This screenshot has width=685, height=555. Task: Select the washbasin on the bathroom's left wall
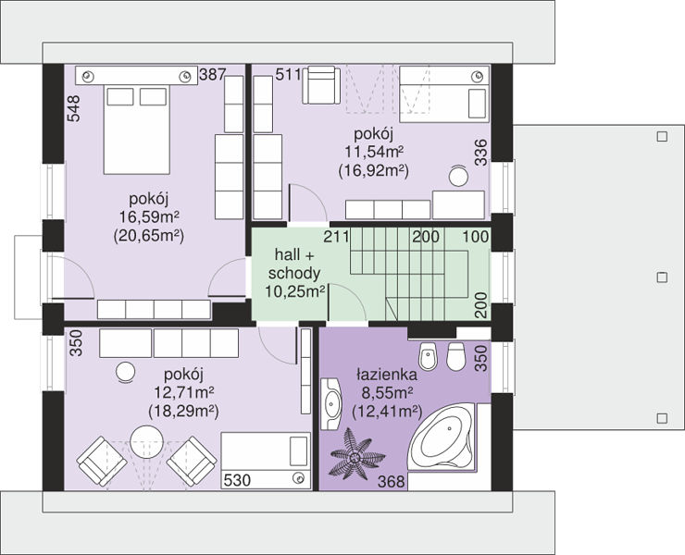coord(332,404)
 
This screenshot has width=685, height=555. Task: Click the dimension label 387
coord(212,75)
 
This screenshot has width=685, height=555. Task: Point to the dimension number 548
coord(74,108)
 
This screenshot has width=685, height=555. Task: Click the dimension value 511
coord(288,75)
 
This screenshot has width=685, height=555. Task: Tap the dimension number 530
coord(237,480)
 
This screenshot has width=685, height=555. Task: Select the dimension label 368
coord(392,482)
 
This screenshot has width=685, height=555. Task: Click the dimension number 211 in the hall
coord(336,237)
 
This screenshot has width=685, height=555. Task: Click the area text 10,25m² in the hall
coord(295,291)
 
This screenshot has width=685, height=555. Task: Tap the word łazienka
coord(387,375)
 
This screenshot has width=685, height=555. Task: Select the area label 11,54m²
coord(374,152)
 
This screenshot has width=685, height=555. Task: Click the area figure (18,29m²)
coord(183,412)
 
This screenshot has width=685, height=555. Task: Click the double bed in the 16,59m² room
coord(136,129)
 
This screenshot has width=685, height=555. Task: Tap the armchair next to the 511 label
coord(321,85)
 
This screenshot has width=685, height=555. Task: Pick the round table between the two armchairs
coord(147,441)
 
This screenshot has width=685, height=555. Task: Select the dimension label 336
coord(480,153)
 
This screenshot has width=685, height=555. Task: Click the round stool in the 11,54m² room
coord(459,177)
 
